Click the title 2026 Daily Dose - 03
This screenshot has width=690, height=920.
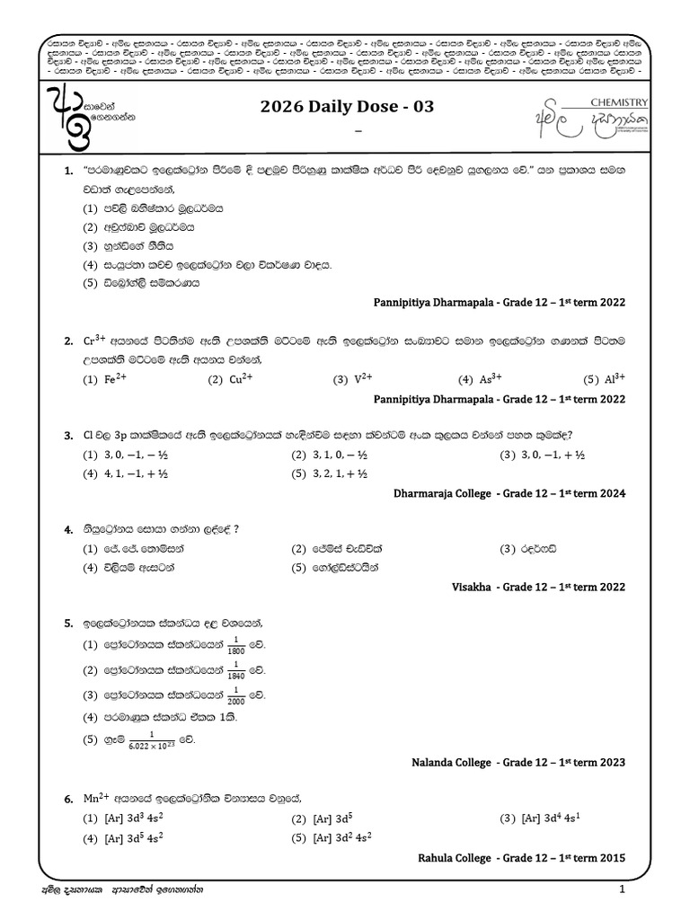(347, 107)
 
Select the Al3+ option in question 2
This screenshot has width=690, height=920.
(615, 379)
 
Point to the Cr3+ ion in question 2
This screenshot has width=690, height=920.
(95, 341)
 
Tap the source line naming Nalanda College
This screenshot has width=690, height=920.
(521, 763)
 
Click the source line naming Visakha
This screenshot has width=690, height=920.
(537, 586)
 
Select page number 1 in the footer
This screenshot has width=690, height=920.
(621, 889)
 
